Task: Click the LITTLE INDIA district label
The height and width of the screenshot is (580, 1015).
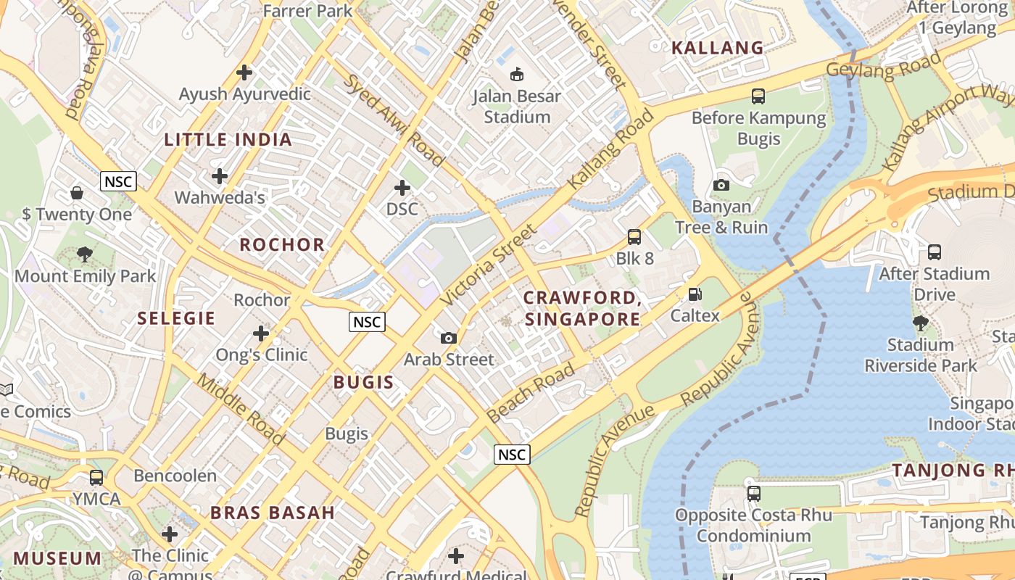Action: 228,140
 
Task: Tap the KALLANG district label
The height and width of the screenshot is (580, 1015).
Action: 717,48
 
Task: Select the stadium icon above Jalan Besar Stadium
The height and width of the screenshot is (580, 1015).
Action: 517,74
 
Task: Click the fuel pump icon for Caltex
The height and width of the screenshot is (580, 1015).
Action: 695,294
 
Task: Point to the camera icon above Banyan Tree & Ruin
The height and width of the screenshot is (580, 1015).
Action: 721,186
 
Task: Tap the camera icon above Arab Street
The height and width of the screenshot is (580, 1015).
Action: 449,338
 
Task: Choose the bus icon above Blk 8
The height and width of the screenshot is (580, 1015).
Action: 634,237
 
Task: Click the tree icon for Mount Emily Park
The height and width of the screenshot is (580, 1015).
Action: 85,254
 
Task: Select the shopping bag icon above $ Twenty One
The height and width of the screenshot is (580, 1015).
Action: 77,193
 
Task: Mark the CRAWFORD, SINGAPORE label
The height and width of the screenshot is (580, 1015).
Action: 582,308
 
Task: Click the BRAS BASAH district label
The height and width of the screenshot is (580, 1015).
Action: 273,513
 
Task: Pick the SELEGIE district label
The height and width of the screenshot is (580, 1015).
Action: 176,318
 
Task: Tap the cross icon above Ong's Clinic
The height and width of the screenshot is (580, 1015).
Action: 261,333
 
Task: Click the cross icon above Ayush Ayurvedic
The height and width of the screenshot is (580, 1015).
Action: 244,72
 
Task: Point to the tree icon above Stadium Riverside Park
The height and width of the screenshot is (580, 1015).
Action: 920,323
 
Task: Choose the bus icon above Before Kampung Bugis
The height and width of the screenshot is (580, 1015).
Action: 758,96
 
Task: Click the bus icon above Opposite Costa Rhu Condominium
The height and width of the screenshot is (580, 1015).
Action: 754,494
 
